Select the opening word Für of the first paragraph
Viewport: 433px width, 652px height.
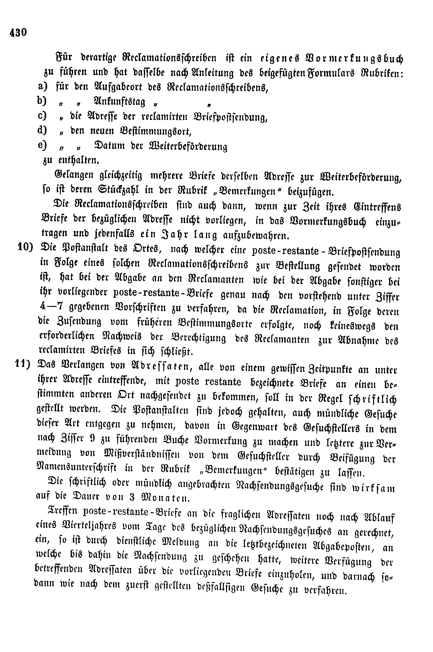point(63,59)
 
